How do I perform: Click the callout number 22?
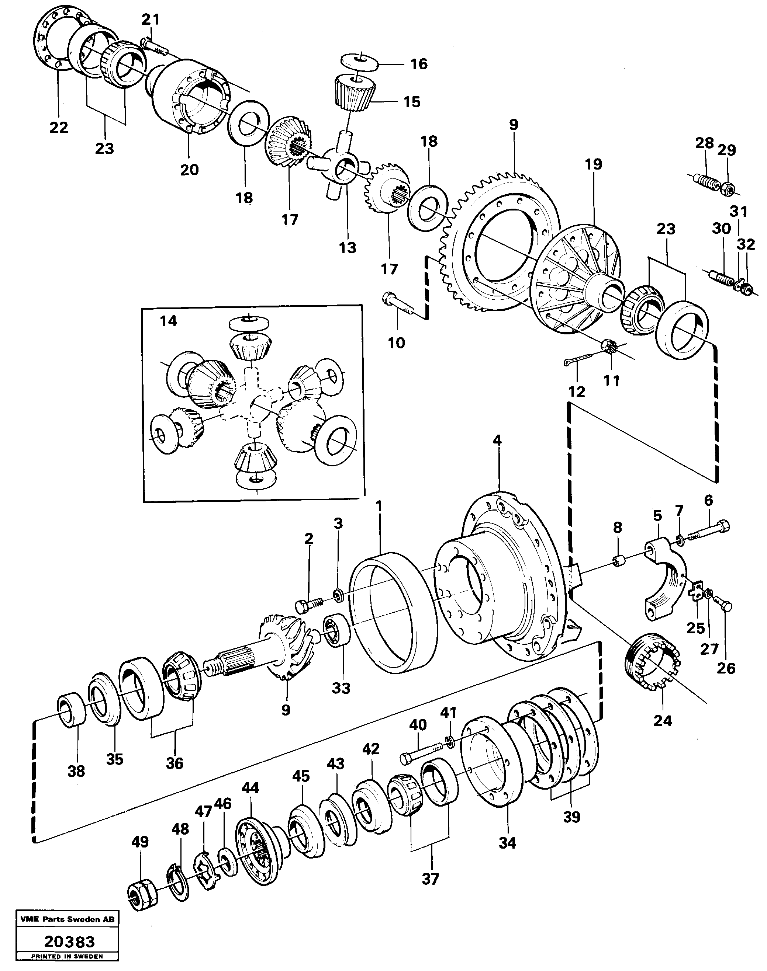tap(59, 128)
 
